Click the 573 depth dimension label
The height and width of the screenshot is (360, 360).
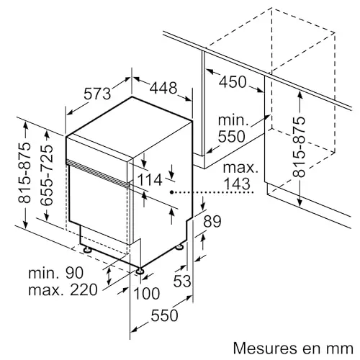click(97, 94)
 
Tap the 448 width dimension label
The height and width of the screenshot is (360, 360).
click(163, 88)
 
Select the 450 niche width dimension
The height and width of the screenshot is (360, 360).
click(233, 82)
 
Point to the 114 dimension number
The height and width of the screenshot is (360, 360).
click(150, 180)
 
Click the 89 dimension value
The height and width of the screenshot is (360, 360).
click(212, 221)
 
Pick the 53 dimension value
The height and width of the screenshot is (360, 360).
click(182, 281)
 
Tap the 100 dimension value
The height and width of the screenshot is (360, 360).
click(147, 293)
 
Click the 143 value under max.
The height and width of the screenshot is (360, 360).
click(237, 184)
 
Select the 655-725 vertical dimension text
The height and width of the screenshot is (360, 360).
click(46, 175)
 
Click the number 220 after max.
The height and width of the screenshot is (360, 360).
click(84, 289)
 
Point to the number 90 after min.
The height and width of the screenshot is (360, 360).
click(74, 273)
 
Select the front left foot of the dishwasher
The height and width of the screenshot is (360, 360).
click(87, 250)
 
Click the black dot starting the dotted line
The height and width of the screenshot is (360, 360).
click(172, 192)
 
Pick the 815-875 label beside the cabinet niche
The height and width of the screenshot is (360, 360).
click(299, 147)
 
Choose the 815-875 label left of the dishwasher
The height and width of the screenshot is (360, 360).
click(24, 173)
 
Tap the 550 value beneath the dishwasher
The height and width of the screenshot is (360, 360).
click(164, 315)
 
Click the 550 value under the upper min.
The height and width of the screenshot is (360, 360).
click(232, 136)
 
